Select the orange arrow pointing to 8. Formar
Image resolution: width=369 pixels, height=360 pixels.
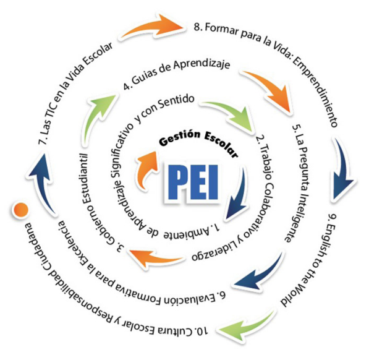point(153,27)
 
